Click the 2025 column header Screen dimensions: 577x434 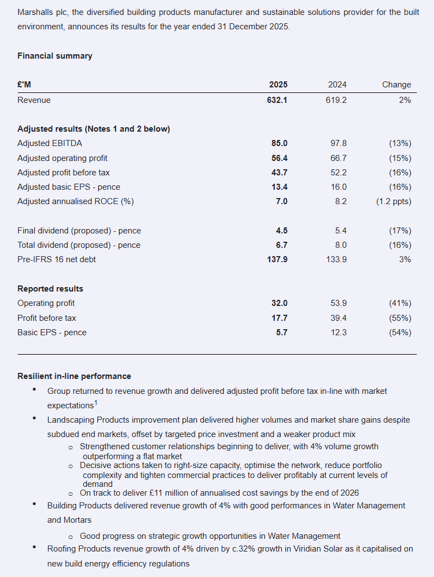point(278,85)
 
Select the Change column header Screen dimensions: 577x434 point(396,85)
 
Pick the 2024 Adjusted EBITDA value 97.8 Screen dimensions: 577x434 point(337,143)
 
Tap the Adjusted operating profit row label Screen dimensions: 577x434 point(62,158)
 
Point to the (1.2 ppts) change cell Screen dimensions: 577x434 point(393,201)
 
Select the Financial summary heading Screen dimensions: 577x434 point(55,56)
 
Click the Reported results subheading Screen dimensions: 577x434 point(50,289)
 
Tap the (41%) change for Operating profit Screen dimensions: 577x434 point(400,303)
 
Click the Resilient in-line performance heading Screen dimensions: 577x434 point(74,376)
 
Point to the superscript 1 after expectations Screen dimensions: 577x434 point(96,403)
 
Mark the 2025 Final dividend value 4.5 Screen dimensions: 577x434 point(281,231)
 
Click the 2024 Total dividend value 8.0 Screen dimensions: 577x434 point(341,245)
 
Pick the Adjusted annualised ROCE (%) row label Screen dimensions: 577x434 point(76,201)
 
